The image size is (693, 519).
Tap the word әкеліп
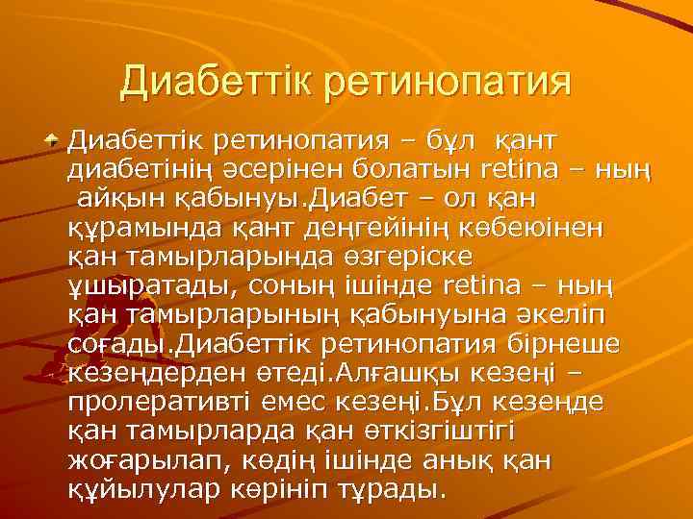594,315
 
